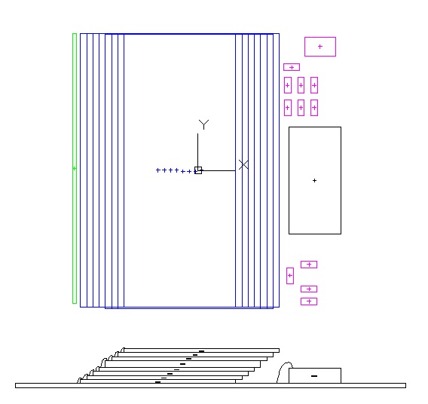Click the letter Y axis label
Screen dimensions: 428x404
(203, 124)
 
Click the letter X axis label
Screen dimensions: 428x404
(243, 165)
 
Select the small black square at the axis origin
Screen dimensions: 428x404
(198, 170)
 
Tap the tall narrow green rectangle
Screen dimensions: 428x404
(75, 168)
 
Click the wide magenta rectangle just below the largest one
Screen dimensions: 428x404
(292, 67)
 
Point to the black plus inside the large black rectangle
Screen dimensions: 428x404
(314, 180)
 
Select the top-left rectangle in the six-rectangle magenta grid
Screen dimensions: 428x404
(288, 85)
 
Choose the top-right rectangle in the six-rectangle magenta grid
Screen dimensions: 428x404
(314, 85)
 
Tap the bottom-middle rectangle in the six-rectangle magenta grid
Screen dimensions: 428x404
(301, 108)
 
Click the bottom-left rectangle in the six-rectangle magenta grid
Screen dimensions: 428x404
(288, 108)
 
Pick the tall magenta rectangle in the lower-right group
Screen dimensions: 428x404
(290, 276)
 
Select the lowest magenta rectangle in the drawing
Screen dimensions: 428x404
(309, 301)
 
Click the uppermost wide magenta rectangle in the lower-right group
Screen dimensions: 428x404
(309, 265)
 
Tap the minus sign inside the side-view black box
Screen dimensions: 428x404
(314, 376)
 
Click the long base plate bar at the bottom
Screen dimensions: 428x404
(210, 385)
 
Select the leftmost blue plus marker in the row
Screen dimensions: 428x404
(157, 170)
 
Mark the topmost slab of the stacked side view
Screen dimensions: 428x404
(201, 350)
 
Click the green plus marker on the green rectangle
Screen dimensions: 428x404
(75, 168)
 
